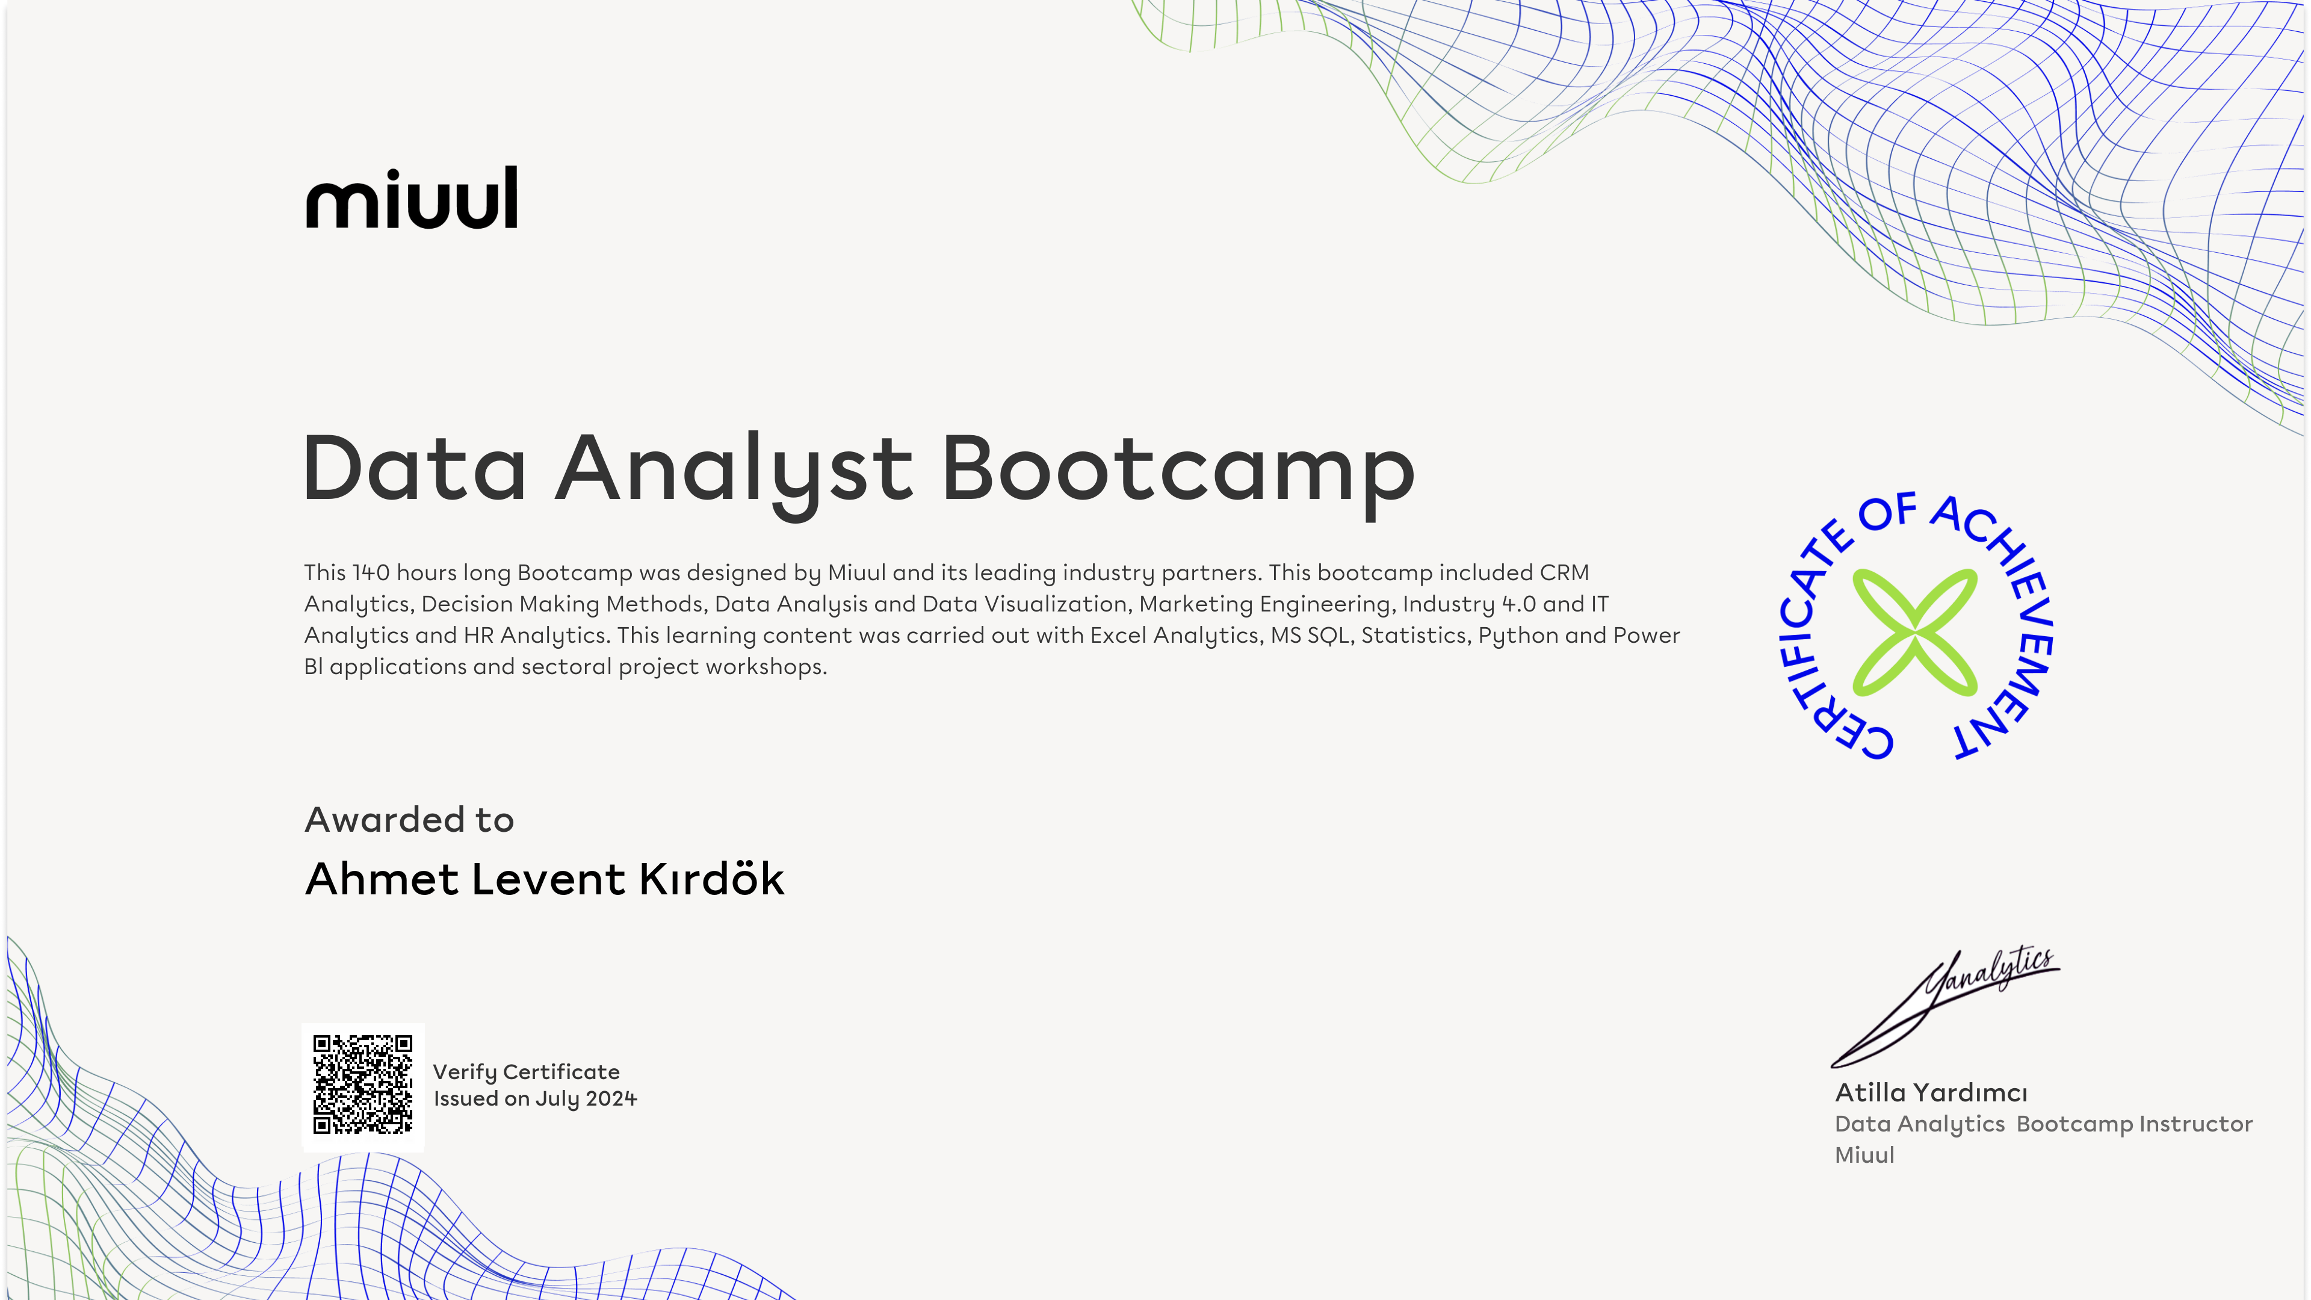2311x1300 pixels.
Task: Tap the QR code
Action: click(362, 1085)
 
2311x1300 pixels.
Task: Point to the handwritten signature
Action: click(1945, 1007)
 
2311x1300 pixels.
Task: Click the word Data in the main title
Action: click(415, 468)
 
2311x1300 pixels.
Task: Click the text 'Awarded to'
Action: click(409, 819)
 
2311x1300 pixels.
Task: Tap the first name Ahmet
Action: click(383, 878)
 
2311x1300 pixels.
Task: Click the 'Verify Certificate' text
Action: click(527, 1072)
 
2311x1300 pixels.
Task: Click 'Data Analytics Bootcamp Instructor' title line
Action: click(2044, 1124)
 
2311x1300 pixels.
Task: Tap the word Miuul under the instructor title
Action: click(1864, 1155)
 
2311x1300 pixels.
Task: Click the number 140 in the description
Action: click(371, 572)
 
